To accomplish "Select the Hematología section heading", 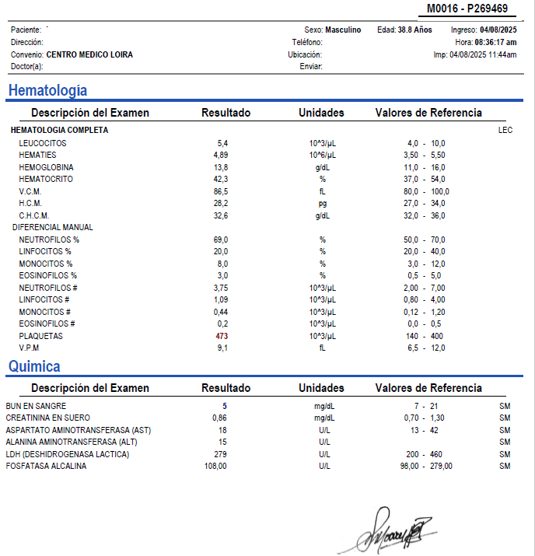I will click(x=47, y=90).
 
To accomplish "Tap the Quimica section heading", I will click(x=34, y=365).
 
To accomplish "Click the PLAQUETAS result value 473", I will click(x=222, y=336).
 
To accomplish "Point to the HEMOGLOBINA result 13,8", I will click(x=222, y=167).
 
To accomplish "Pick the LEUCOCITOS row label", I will click(x=43, y=143).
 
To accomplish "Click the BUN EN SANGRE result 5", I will click(x=225, y=406).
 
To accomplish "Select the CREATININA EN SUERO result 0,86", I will click(x=221, y=418).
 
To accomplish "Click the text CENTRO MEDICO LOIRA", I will click(x=89, y=55).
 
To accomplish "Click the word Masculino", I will click(x=343, y=30).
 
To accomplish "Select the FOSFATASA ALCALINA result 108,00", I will click(x=215, y=467).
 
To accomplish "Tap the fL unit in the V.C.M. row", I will click(x=322, y=191).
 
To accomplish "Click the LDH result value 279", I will click(x=220, y=454).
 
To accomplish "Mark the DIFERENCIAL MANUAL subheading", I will click(x=53, y=227).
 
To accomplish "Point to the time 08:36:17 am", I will click(x=496, y=42).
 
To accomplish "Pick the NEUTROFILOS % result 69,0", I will click(x=222, y=240).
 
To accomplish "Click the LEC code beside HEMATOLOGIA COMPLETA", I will click(x=505, y=131).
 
